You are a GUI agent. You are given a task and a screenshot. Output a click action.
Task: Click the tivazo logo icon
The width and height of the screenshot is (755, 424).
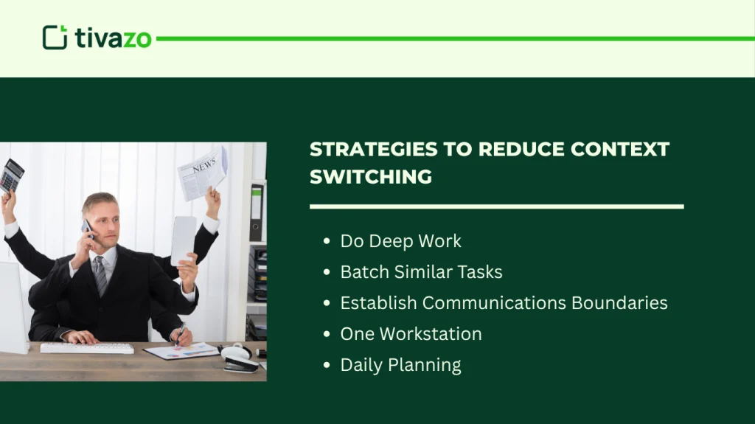click(x=55, y=38)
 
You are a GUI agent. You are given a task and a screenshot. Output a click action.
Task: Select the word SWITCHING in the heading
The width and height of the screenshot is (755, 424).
click(x=371, y=177)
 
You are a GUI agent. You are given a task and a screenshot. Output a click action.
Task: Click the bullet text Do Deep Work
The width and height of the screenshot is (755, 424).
click(x=400, y=241)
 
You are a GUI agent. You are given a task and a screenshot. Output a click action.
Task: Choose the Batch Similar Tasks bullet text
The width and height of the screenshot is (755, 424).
click(x=421, y=272)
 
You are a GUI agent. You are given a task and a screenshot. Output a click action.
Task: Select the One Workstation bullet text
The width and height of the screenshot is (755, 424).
click(x=411, y=334)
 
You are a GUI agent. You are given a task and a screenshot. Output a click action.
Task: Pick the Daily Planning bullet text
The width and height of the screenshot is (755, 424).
click(x=400, y=365)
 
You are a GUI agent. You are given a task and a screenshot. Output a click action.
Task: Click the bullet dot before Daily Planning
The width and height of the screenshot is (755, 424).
click(x=327, y=366)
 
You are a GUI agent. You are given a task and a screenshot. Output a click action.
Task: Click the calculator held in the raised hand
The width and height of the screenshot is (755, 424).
click(x=11, y=175)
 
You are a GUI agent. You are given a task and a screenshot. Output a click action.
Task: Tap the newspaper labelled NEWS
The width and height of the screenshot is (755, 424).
click(x=203, y=173)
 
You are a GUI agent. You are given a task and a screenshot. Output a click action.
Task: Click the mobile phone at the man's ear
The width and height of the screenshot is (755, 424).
click(x=88, y=229)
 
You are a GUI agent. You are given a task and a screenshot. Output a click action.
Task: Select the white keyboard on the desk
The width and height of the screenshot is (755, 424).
click(x=86, y=347)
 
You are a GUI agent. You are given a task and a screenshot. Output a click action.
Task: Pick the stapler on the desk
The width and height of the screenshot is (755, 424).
click(x=240, y=362)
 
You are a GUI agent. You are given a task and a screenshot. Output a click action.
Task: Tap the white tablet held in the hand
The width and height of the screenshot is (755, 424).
click(x=183, y=240)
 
